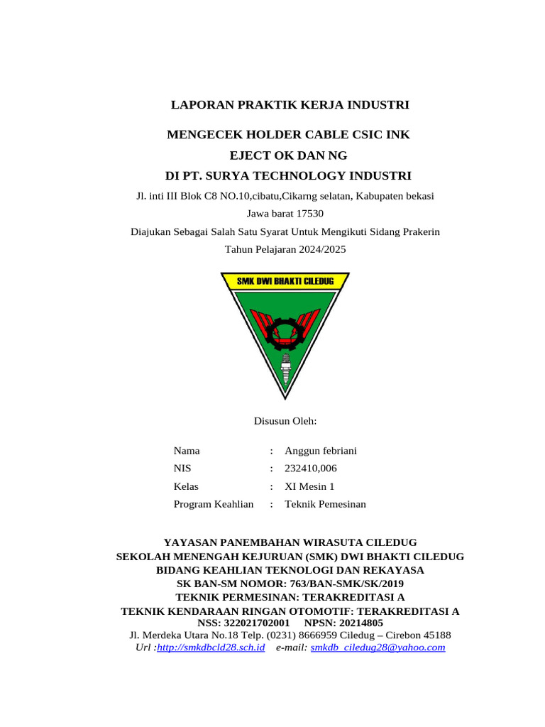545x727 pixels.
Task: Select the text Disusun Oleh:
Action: tap(285, 421)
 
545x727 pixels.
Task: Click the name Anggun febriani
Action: tap(321, 451)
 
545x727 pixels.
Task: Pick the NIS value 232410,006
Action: tap(311, 469)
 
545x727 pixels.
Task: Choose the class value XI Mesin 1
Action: tap(309, 486)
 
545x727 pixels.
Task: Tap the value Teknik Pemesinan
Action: tap(325, 504)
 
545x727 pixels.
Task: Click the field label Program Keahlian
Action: tap(214, 504)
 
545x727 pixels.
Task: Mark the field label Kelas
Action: tap(186, 486)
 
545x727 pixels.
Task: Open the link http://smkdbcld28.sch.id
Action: tap(211, 647)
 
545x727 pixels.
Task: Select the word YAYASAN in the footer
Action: tap(190, 542)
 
